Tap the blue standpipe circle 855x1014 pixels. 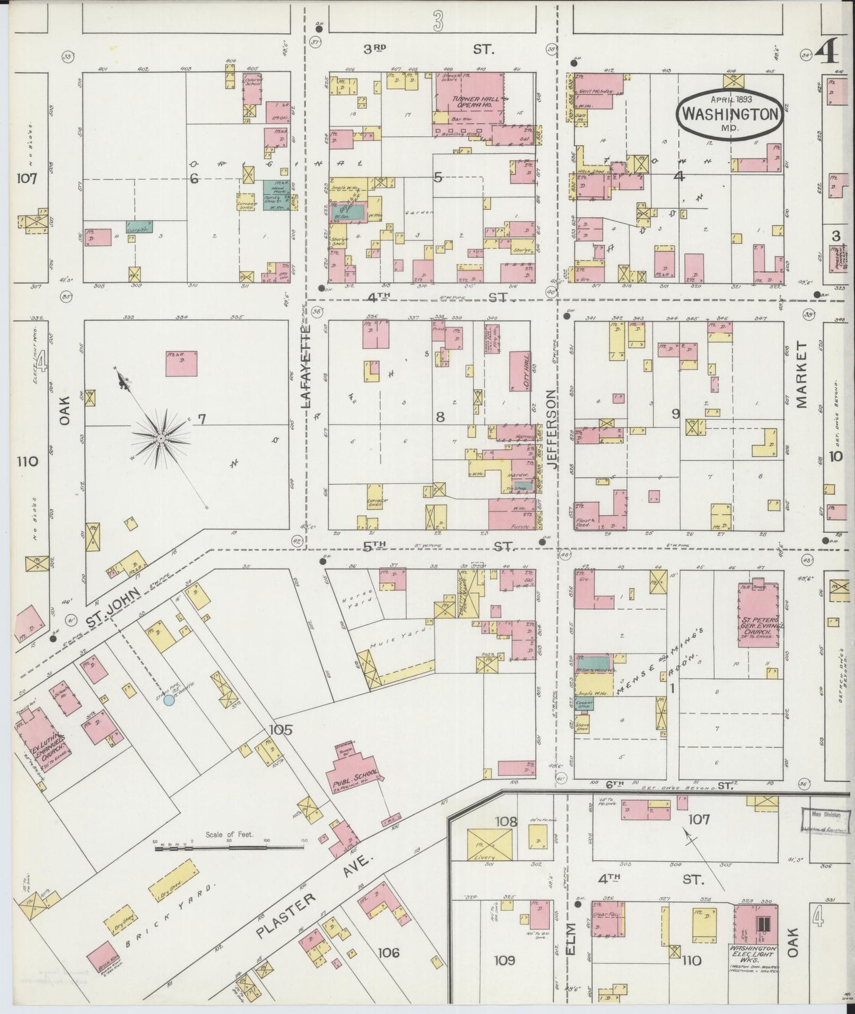[169, 700]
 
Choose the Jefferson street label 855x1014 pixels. [552, 428]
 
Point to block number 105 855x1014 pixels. [280, 730]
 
